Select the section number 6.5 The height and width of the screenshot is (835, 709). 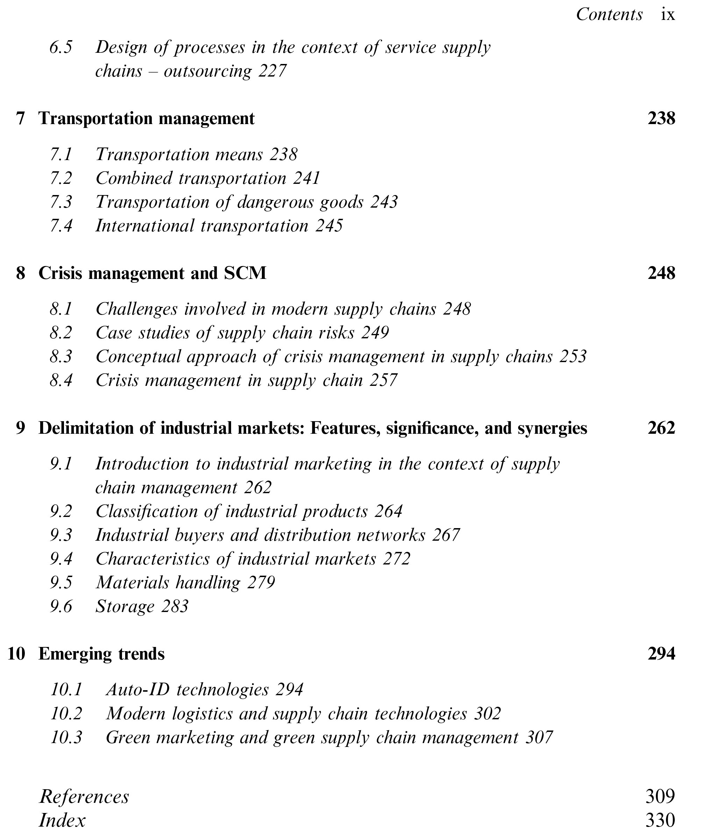point(61,48)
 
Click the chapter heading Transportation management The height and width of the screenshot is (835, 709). point(146,118)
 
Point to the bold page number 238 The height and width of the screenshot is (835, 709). point(661,118)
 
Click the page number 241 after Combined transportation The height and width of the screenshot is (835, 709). point(306,178)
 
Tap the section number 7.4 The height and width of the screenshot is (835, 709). point(61,225)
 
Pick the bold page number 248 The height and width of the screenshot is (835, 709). point(661,273)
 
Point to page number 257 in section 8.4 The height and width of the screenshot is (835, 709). point(384,380)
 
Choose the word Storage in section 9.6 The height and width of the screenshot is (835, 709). point(124,606)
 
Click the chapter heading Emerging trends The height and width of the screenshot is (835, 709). point(101,654)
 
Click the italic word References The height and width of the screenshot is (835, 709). point(84,797)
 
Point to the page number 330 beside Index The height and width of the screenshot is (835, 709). point(660,820)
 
